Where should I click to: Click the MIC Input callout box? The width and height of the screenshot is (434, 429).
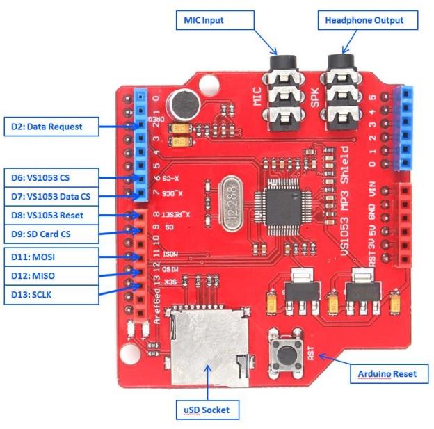tap(204, 19)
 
